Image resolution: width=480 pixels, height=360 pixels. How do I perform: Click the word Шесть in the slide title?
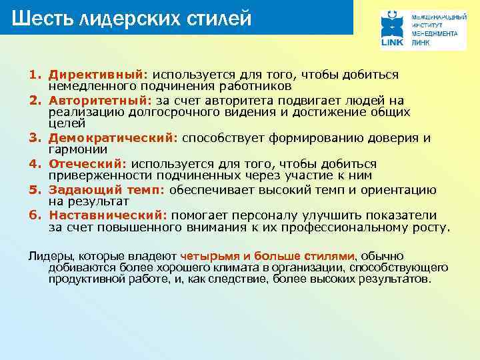[43, 18]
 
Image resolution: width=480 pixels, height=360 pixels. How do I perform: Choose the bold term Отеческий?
[87, 163]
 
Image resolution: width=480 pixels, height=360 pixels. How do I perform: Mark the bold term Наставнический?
[109, 215]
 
